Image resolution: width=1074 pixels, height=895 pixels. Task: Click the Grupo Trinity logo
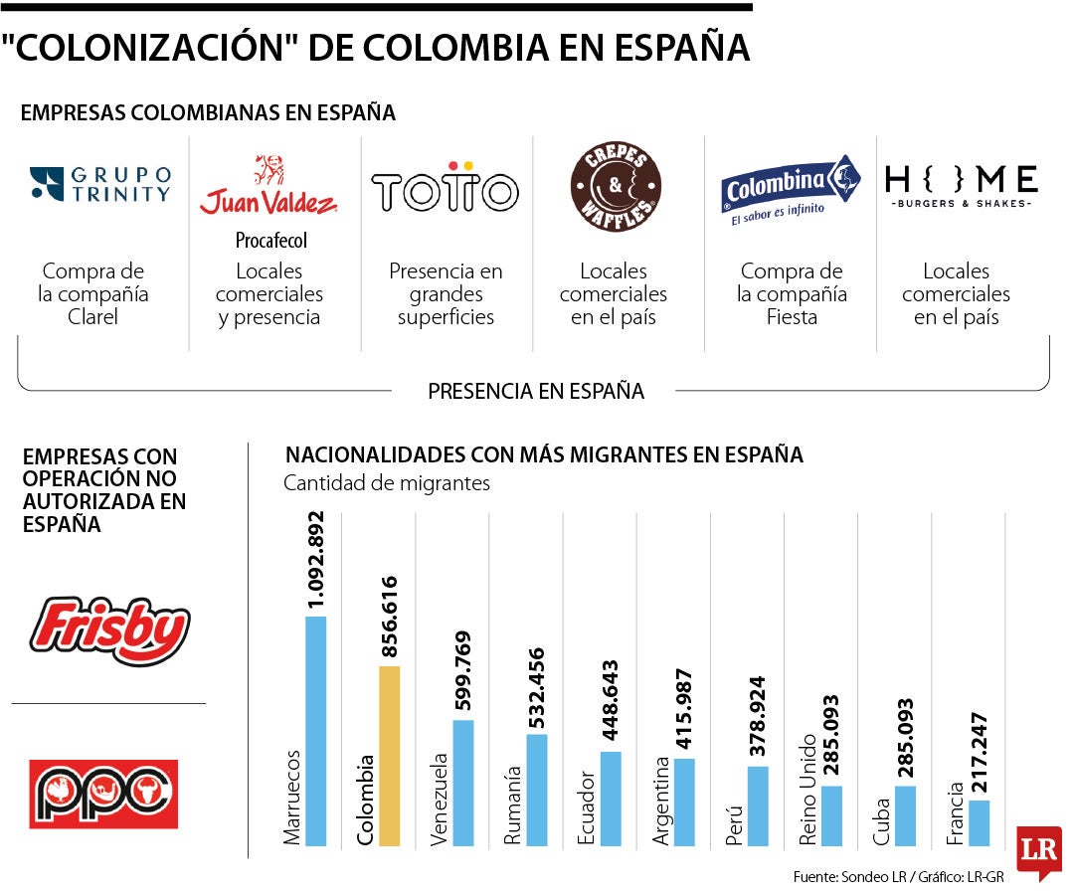tap(100, 184)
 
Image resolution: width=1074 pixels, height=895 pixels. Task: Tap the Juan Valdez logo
tap(268, 189)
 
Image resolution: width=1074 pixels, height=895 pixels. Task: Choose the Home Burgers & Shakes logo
tap(961, 184)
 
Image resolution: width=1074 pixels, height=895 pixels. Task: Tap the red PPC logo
tap(103, 794)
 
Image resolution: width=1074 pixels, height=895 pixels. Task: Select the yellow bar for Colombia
tap(389, 756)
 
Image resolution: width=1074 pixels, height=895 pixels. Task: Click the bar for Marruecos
tap(315, 731)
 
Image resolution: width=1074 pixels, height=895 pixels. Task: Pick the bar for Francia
tap(979, 822)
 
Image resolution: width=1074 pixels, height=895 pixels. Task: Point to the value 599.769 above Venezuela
tap(463, 671)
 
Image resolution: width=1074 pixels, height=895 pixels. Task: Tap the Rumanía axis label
tap(513, 805)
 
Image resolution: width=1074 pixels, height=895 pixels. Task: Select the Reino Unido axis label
tap(807, 791)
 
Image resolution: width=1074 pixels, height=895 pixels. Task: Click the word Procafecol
tap(270, 240)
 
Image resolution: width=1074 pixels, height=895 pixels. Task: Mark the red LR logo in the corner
tap(1038, 850)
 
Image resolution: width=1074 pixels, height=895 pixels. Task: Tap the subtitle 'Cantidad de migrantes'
tap(387, 483)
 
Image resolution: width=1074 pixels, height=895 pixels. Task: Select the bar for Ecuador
tap(611, 799)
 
